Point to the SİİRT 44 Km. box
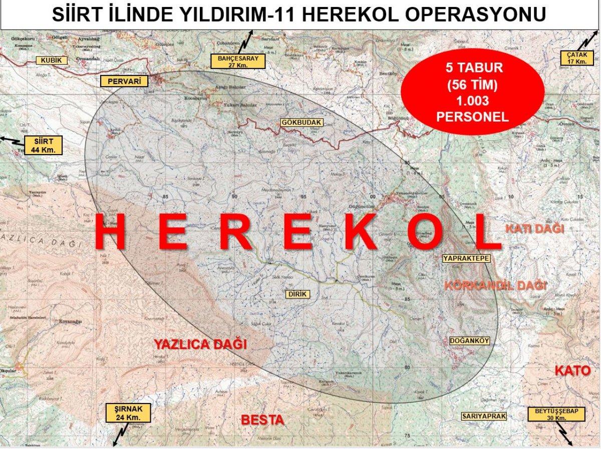click(x=43, y=145)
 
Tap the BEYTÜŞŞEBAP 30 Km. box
click(x=556, y=414)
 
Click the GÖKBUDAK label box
click(x=301, y=123)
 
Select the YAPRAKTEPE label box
click(x=465, y=258)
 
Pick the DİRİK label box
click(x=296, y=294)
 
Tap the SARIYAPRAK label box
click(x=484, y=416)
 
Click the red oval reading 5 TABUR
click(x=472, y=94)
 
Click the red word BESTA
click(x=263, y=419)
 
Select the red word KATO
click(x=570, y=371)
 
